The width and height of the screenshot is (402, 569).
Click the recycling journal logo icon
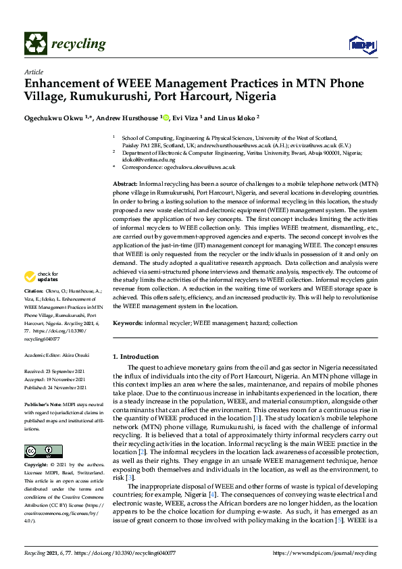coord(34,44)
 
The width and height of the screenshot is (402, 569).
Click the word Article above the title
coord(33,72)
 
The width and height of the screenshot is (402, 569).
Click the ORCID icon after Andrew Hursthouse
coord(166,118)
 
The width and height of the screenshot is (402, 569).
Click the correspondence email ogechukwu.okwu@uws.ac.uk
coord(202,167)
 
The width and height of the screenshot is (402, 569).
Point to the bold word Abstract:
coord(125,184)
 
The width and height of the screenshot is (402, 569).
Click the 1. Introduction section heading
coord(135,357)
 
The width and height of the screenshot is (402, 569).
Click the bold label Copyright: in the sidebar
coord(36,466)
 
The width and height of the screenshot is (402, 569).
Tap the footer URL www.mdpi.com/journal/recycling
coord(338,553)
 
